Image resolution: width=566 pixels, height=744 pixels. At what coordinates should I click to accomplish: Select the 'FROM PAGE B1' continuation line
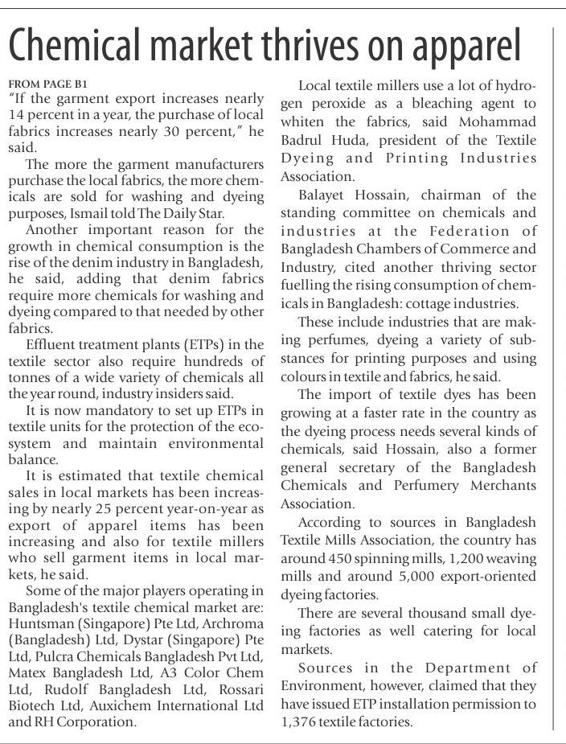click(47, 84)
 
